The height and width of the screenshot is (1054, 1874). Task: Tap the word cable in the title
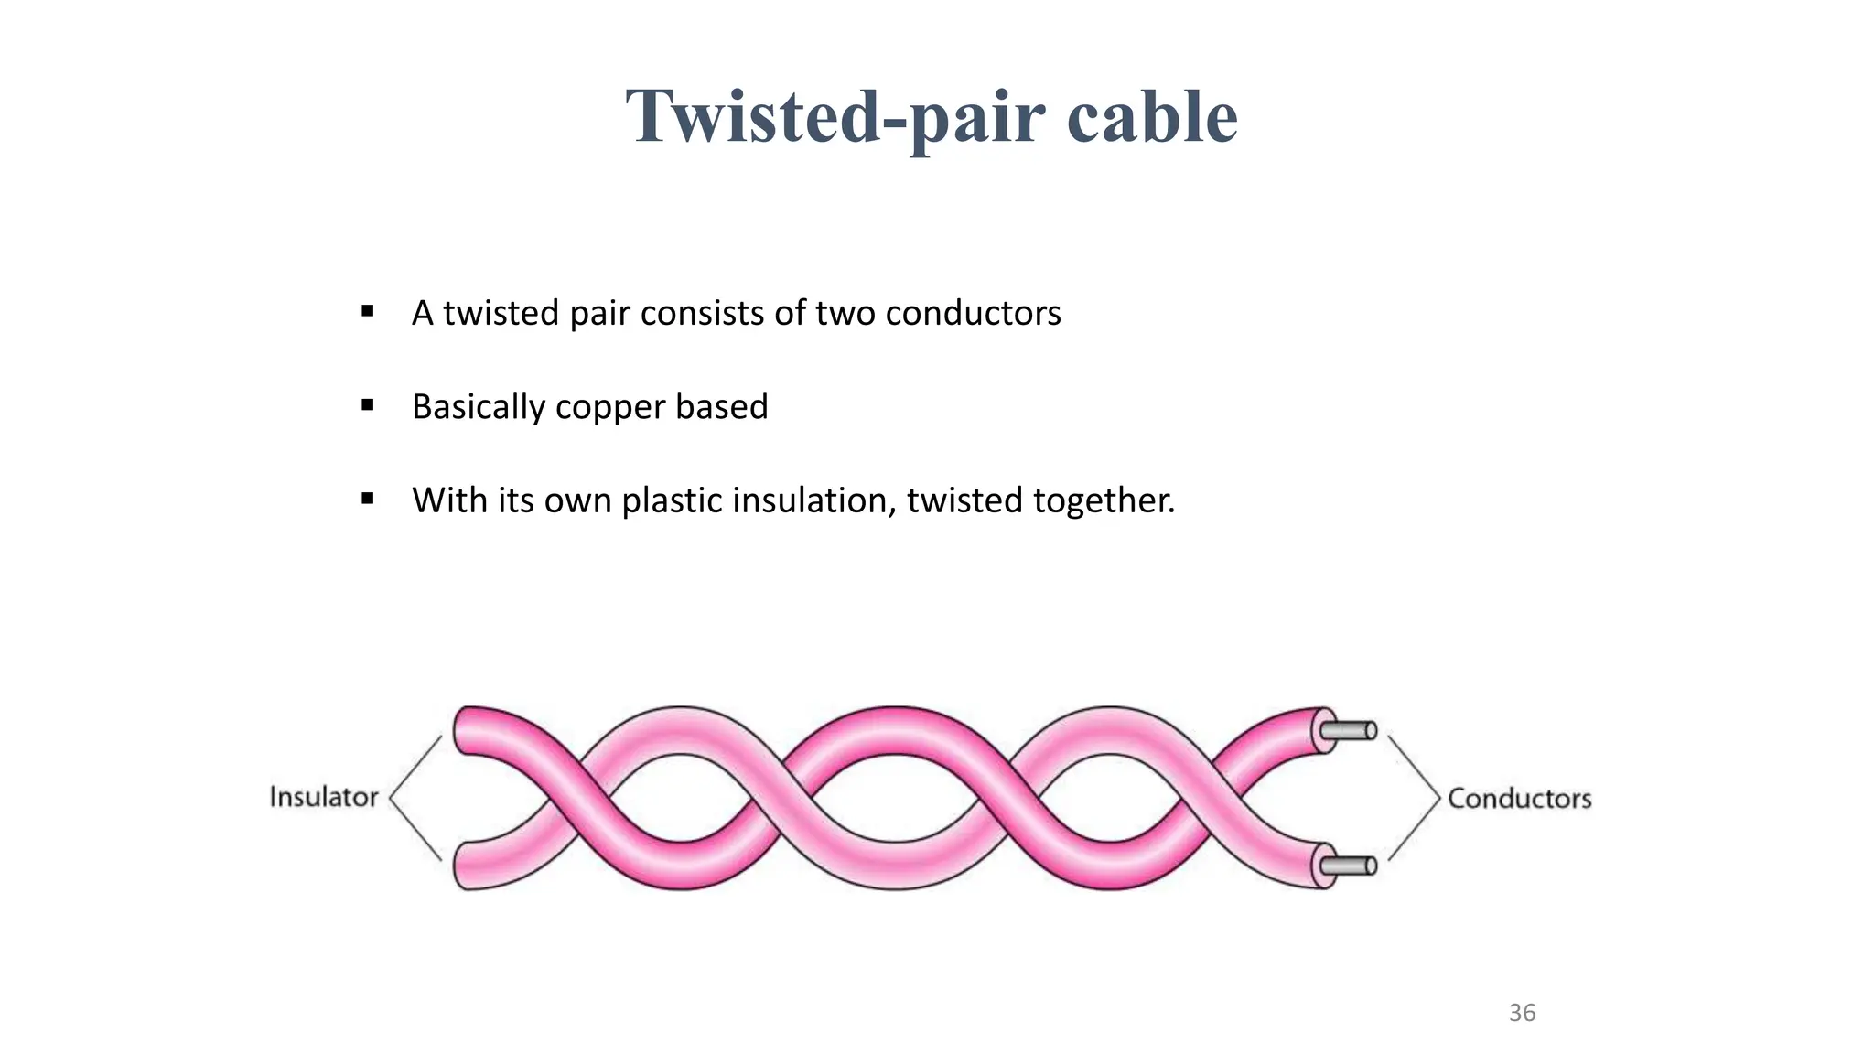point(1151,117)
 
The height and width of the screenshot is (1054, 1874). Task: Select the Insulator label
point(324,797)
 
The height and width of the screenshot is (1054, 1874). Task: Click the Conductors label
point(1519,798)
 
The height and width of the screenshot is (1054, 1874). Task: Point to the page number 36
point(1522,1013)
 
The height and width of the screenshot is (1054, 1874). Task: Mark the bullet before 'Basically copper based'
point(368,405)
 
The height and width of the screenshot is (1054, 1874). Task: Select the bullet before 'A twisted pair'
point(368,312)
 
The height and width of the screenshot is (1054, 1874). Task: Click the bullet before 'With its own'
point(368,499)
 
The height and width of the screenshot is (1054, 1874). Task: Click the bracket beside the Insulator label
point(414,797)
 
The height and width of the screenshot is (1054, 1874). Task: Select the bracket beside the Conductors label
point(1416,798)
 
